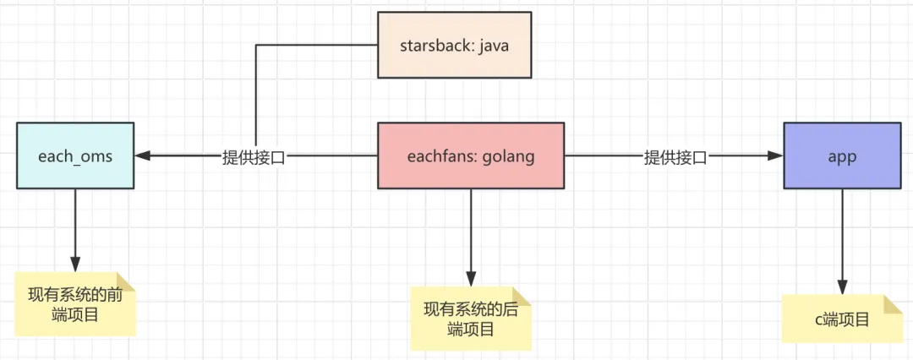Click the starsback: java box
click(455, 45)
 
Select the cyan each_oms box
click(75, 155)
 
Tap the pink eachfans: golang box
click(471, 155)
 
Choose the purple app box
click(842, 155)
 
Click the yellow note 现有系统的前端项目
click(75, 304)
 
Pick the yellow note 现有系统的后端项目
click(471, 318)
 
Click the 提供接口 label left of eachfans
click(254, 156)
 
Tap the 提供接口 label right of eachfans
click(675, 156)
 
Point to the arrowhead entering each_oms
click(143, 155)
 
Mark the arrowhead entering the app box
click(775, 155)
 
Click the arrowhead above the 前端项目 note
click(75, 265)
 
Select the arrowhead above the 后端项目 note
click(471, 279)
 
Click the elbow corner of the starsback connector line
click(256, 45)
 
